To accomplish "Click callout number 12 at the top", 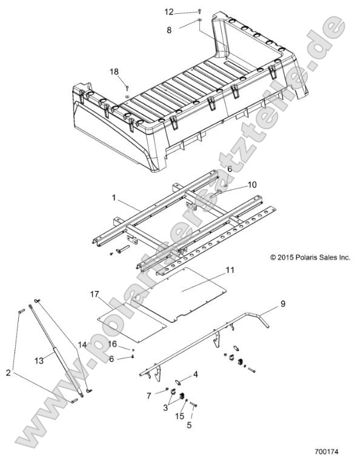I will coord(169,12).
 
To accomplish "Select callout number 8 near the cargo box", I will coord(169,28).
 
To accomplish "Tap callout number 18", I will coord(114,72).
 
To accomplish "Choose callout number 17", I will coord(95,294).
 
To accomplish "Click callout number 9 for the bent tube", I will coord(282,302).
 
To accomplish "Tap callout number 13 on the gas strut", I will coord(39,360).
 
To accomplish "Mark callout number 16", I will coord(113,344).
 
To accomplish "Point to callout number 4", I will coord(195,375).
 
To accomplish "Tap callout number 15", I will coord(179,416).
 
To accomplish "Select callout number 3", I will coord(165,408).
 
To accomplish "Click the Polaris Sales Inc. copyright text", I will coord(310,257).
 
